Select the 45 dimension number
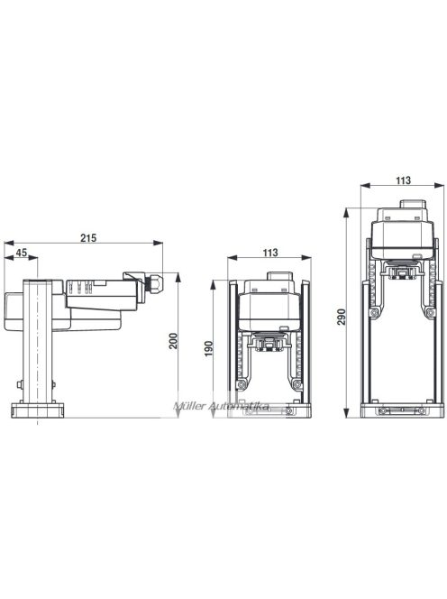(20, 253)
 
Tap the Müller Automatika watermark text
(222, 407)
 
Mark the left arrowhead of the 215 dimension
(7, 244)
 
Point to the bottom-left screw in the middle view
(243, 386)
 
